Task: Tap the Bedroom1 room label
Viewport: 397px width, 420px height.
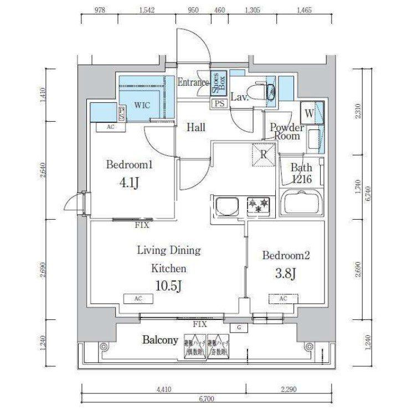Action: (128, 164)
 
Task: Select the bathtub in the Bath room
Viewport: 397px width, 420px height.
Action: (302, 203)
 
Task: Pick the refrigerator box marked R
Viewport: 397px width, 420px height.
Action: (264, 154)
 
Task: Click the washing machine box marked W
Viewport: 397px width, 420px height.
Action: (308, 113)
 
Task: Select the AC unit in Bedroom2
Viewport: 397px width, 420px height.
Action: (283, 299)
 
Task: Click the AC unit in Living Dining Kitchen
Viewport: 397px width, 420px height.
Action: (138, 299)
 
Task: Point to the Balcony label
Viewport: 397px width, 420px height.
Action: (160, 340)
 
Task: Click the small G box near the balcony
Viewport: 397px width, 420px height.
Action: (239, 327)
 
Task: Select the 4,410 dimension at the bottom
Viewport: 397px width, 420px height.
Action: (163, 389)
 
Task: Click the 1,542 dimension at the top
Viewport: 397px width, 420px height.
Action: (147, 10)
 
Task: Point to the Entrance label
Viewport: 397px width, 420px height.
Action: (193, 83)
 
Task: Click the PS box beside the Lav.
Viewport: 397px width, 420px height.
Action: (218, 102)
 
